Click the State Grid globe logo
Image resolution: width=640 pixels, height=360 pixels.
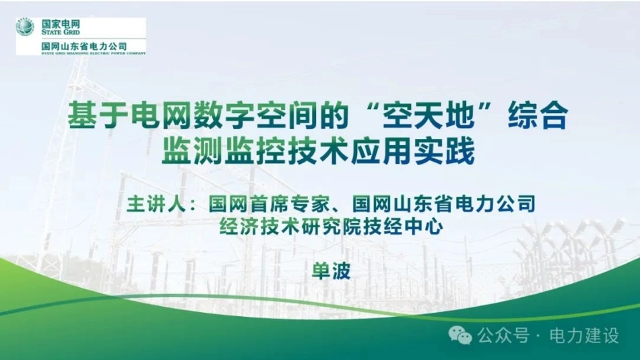pyautogui.click(x=25, y=27)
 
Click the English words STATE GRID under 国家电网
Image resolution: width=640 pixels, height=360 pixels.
pyautogui.click(x=61, y=32)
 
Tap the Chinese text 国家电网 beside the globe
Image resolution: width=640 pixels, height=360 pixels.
pyautogui.click(x=61, y=24)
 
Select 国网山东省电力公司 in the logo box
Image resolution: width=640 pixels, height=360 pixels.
pyautogui.click(x=84, y=46)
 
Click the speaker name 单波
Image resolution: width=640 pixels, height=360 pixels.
pyautogui.click(x=331, y=270)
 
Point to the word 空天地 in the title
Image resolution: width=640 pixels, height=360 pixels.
pyautogui.click(x=428, y=115)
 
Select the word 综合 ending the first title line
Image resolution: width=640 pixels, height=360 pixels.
pyautogui.click(x=538, y=115)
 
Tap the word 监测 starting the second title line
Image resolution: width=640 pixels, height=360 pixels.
pyautogui.click(x=192, y=150)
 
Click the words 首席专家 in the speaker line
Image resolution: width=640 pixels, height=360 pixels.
pyautogui.click(x=290, y=204)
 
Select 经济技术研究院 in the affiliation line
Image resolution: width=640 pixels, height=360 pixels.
pyautogui.click(x=290, y=226)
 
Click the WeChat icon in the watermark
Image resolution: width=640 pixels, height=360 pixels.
pyautogui.click(x=460, y=335)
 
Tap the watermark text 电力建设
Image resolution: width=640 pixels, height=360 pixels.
pyautogui.click(x=584, y=336)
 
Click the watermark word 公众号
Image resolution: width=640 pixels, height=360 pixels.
pyautogui.click(x=503, y=336)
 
